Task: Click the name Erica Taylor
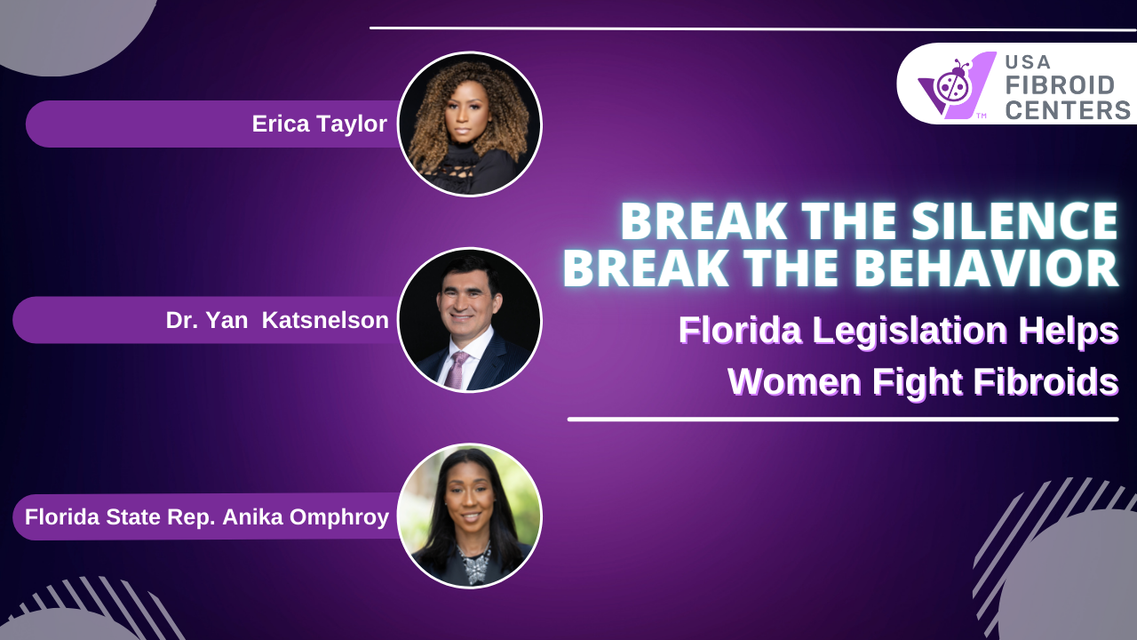click(x=319, y=124)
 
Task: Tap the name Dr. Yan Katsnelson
click(x=277, y=321)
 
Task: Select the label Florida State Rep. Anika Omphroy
click(x=207, y=517)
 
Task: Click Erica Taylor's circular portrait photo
click(x=470, y=124)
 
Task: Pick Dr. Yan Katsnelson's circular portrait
click(x=470, y=320)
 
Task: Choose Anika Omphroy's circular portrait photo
click(x=470, y=516)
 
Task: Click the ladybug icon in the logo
click(x=954, y=84)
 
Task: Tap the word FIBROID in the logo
click(x=1060, y=85)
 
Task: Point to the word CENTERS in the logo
click(x=1068, y=110)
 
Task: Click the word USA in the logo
click(x=1028, y=62)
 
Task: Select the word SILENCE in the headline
click(x=1014, y=221)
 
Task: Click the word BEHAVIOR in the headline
click(x=986, y=268)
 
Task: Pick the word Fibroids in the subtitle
click(x=1046, y=381)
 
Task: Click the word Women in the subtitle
click(x=794, y=382)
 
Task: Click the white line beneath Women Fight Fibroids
click(x=843, y=420)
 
